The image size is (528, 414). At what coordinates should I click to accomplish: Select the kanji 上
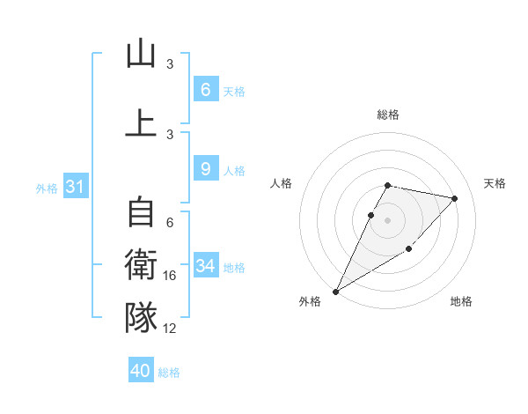click(141, 122)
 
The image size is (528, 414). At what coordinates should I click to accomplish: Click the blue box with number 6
click(205, 89)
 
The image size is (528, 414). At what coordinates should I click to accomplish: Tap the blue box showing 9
click(205, 169)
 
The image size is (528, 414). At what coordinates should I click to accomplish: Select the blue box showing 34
click(205, 265)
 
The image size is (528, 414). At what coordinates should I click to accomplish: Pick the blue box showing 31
click(75, 187)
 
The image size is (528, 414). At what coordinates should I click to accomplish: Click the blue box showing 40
click(141, 371)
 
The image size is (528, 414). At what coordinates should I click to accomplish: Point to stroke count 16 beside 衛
click(170, 277)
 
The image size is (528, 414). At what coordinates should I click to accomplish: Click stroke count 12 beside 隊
click(170, 329)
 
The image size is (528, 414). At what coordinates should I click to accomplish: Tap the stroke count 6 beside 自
click(170, 223)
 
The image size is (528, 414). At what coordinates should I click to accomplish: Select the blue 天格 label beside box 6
click(234, 91)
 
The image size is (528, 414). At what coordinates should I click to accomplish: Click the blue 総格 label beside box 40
click(170, 373)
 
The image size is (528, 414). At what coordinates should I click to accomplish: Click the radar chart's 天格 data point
click(454, 199)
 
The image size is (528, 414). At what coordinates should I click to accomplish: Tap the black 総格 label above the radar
click(388, 115)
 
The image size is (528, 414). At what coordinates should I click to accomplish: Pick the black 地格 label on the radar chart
click(461, 301)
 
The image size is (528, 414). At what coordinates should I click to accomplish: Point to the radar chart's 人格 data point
click(371, 215)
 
